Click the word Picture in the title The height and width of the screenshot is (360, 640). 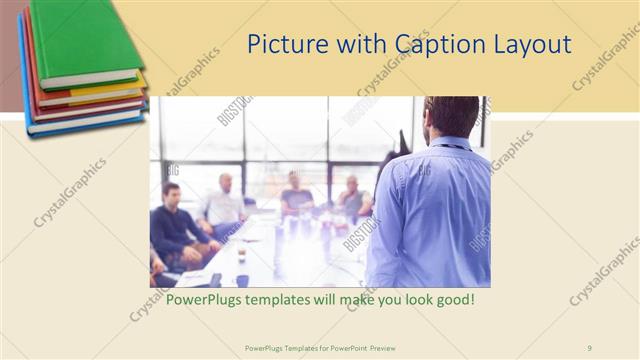point(282,45)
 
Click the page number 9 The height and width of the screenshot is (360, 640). point(590,348)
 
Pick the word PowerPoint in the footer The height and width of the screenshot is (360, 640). point(346,348)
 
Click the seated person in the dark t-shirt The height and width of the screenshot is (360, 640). point(296,195)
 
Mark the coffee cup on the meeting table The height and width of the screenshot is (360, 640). point(242,255)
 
